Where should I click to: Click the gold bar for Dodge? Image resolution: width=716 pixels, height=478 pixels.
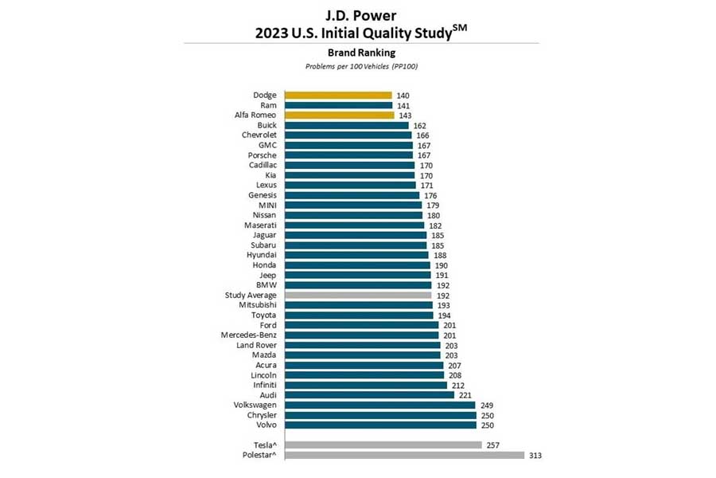click(x=338, y=95)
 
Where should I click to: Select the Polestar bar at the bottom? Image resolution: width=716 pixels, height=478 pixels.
click(x=405, y=455)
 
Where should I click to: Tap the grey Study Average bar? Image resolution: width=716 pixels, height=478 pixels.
click(x=358, y=295)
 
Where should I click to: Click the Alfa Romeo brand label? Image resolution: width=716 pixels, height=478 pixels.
click(x=255, y=115)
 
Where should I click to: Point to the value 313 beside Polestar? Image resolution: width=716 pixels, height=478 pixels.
click(x=535, y=456)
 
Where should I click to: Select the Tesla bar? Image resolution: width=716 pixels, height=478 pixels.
click(x=383, y=445)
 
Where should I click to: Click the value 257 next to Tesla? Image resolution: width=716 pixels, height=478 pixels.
click(x=492, y=445)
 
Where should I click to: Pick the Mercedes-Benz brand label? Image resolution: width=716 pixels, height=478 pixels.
click(x=248, y=335)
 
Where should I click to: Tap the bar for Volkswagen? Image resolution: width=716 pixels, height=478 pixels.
click(x=380, y=406)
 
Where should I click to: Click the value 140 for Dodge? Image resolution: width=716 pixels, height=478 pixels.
click(x=403, y=96)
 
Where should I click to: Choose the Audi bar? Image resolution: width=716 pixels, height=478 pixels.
click(x=369, y=395)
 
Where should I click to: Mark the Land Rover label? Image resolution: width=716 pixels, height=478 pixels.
click(x=256, y=345)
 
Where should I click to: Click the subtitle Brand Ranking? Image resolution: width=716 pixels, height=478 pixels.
click(x=362, y=53)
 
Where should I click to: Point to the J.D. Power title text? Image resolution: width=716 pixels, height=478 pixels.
click(x=360, y=15)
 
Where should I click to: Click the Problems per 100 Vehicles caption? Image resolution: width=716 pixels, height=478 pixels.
click(x=362, y=66)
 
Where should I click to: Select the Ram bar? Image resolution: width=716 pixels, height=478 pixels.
click(x=339, y=105)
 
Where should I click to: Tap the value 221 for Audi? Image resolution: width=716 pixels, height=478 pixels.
click(x=465, y=395)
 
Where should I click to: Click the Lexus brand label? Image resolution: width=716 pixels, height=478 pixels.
click(x=267, y=185)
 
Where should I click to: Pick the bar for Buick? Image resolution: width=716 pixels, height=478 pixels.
click(x=347, y=125)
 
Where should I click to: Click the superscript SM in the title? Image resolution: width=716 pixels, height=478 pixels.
click(x=461, y=27)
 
